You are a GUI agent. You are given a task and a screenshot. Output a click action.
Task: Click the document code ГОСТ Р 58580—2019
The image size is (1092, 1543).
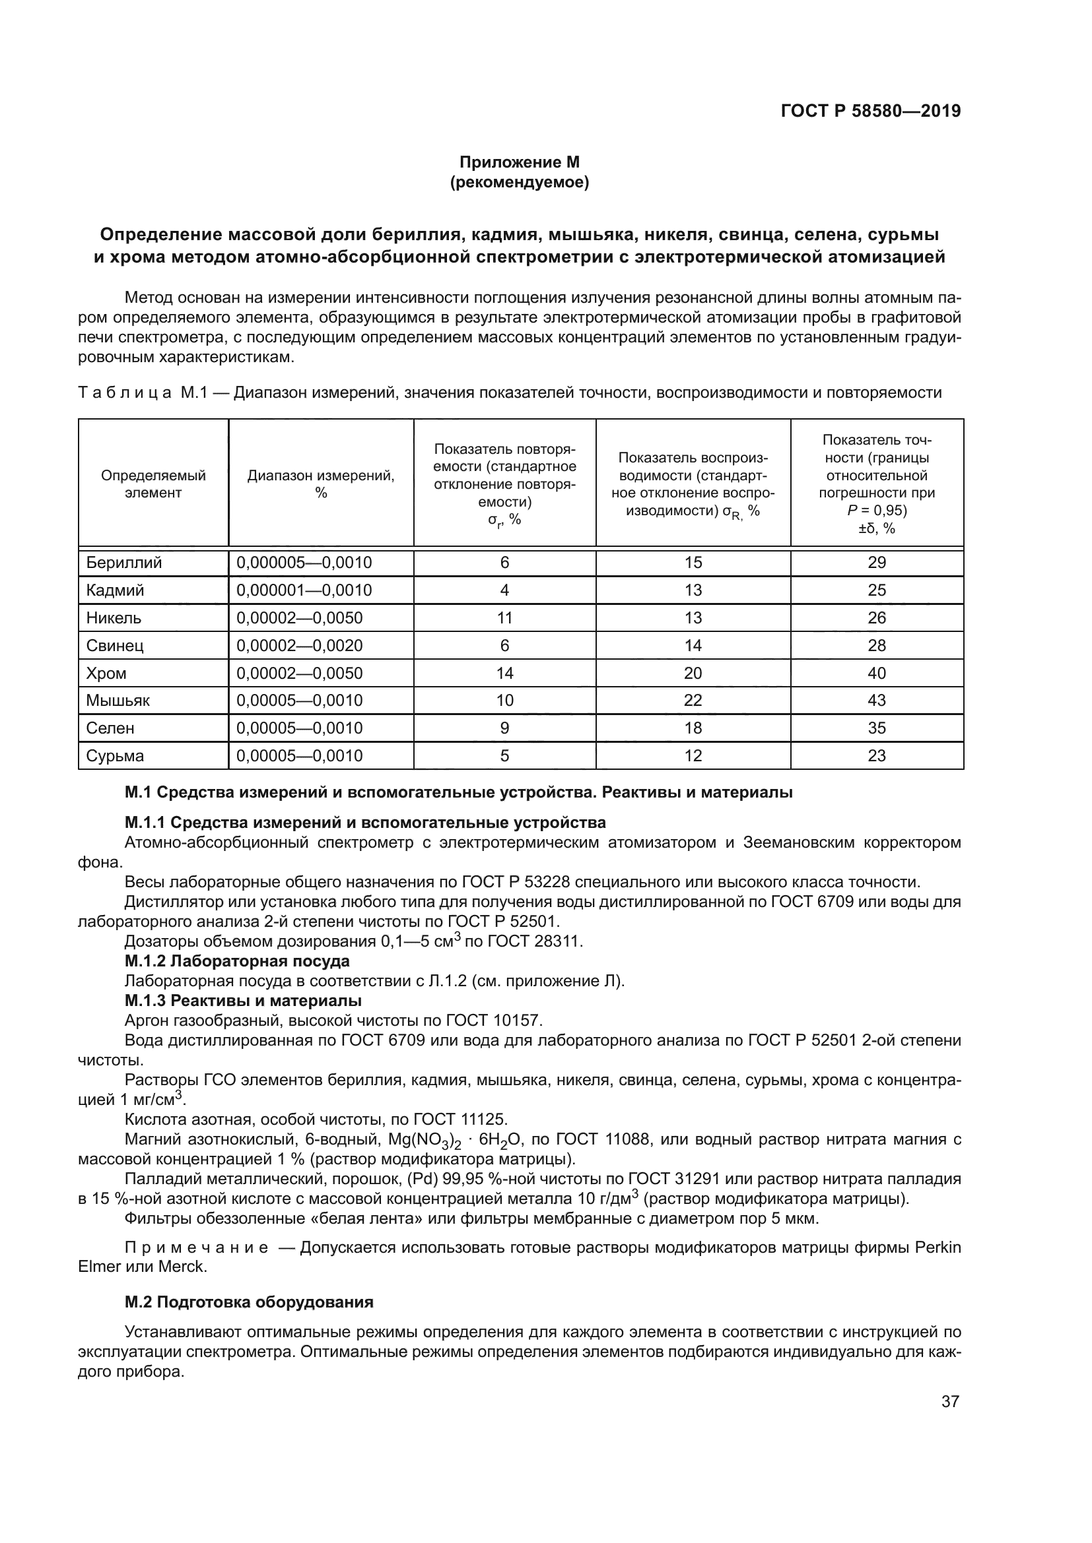[x=871, y=111]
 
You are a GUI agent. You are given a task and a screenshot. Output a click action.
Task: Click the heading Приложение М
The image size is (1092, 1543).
[x=519, y=162]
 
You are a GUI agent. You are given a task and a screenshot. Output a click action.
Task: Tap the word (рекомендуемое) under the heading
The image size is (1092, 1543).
[x=519, y=182]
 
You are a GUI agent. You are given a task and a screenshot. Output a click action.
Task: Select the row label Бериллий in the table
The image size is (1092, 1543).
[x=123, y=563]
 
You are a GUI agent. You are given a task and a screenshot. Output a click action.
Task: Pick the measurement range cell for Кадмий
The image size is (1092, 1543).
[x=304, y=590]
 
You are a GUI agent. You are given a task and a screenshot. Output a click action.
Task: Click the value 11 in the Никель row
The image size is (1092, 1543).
[x=504, y=617]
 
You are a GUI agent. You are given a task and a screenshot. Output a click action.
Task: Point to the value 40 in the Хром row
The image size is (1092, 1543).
[x=876, y=673]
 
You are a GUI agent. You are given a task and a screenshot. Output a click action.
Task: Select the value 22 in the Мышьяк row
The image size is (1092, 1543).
[x=693, y=701]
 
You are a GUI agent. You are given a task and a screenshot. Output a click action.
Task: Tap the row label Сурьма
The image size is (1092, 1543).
[x=115, y=755]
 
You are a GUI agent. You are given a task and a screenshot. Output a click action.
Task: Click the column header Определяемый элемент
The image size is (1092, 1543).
[x=153, y=484]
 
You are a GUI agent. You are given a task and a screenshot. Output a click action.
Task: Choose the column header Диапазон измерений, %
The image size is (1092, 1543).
[x=321, y=484]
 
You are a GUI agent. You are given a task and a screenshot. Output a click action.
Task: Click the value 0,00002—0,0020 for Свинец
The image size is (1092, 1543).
[x=299, y=645]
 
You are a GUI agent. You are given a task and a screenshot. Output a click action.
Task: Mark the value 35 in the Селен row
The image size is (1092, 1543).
[x=876, y=728]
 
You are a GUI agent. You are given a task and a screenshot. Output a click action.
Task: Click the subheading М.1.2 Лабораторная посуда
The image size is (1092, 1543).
[x=237, y=961]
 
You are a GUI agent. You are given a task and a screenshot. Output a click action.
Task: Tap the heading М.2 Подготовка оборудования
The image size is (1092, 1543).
[x=249, y=1302]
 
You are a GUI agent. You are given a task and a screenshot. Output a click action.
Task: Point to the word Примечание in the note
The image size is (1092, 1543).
[x=196, y=1247]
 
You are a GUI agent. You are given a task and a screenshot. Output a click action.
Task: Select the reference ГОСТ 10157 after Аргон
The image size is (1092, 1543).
[x=494, y=1021]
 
